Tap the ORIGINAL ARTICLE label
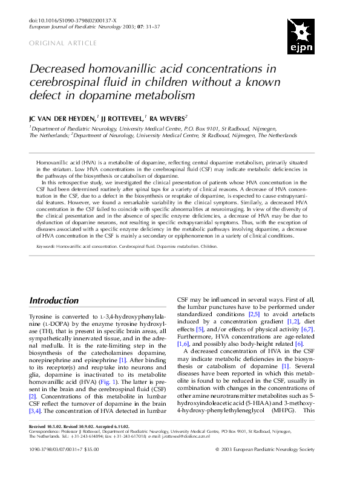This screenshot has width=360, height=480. click(x=63, y=43)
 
